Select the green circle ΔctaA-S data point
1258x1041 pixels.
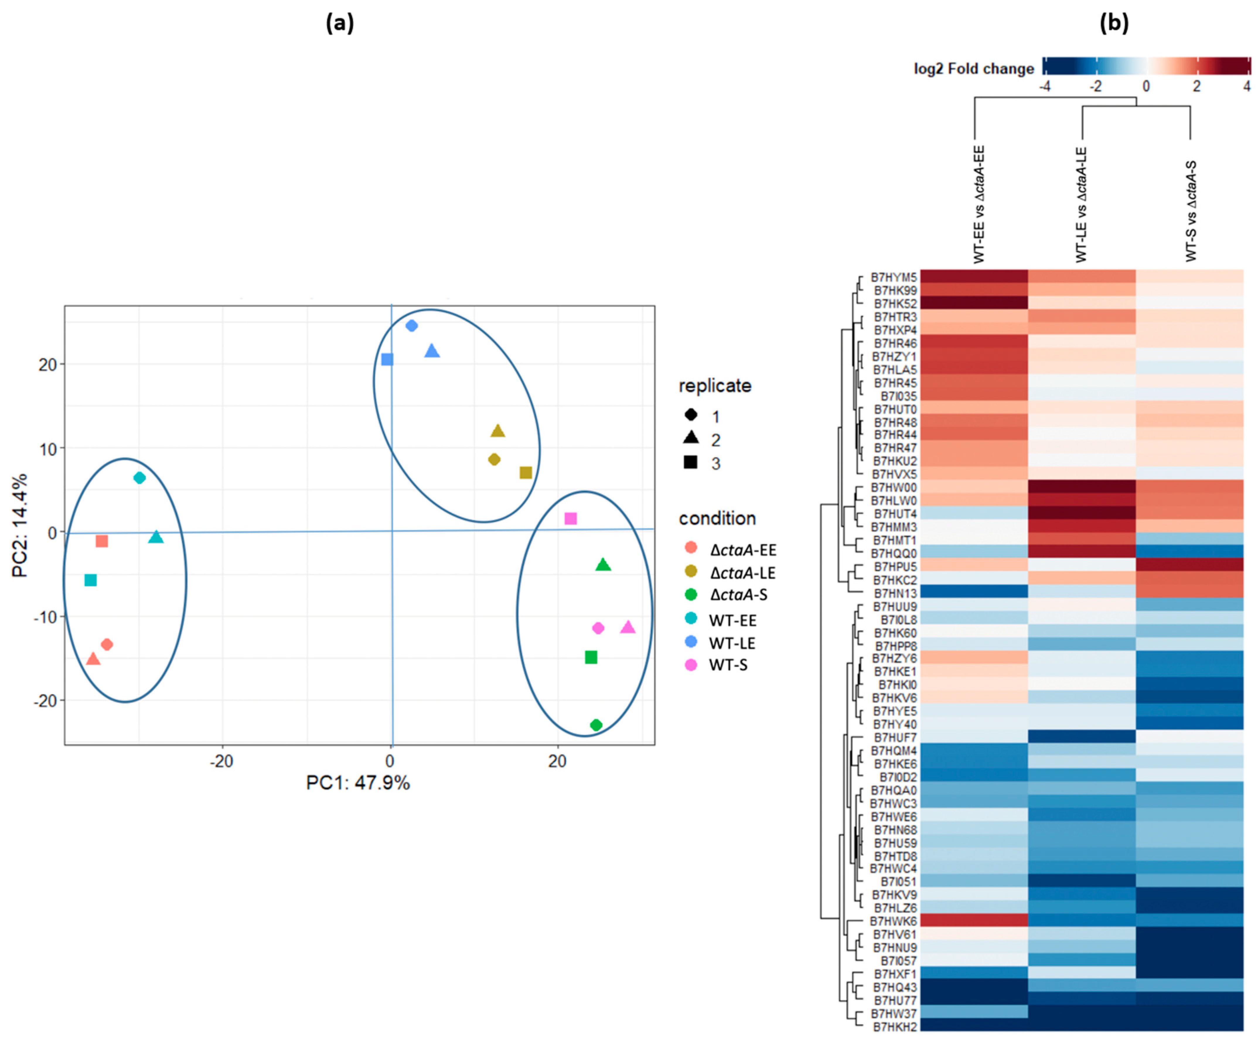point(596,725)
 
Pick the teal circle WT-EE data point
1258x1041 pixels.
point(139,478)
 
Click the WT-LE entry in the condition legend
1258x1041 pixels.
point(732,643)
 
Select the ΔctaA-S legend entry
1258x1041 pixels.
point(738,595)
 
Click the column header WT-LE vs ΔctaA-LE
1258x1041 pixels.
point(1081,204)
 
